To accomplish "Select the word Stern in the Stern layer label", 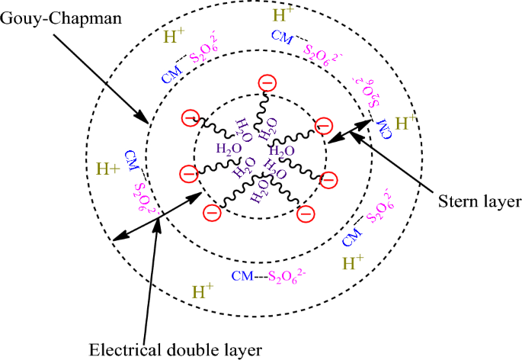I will click(456, 202).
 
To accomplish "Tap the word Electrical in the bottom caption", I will click(122, 349).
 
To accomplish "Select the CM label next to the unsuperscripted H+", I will click(131, 160).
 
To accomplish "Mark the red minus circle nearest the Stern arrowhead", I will click(322, 125).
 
